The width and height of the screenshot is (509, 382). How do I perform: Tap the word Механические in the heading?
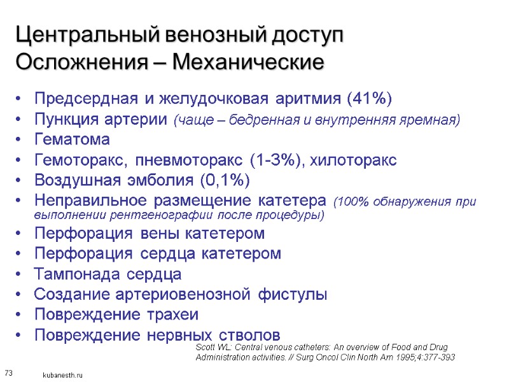click(x=254, y=63)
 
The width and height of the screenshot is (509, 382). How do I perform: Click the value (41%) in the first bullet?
click(x=369, y=99)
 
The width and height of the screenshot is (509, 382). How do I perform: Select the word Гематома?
click(x=72, y=139)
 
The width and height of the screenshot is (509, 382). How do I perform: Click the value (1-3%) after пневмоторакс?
click(x=272, y=159)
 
